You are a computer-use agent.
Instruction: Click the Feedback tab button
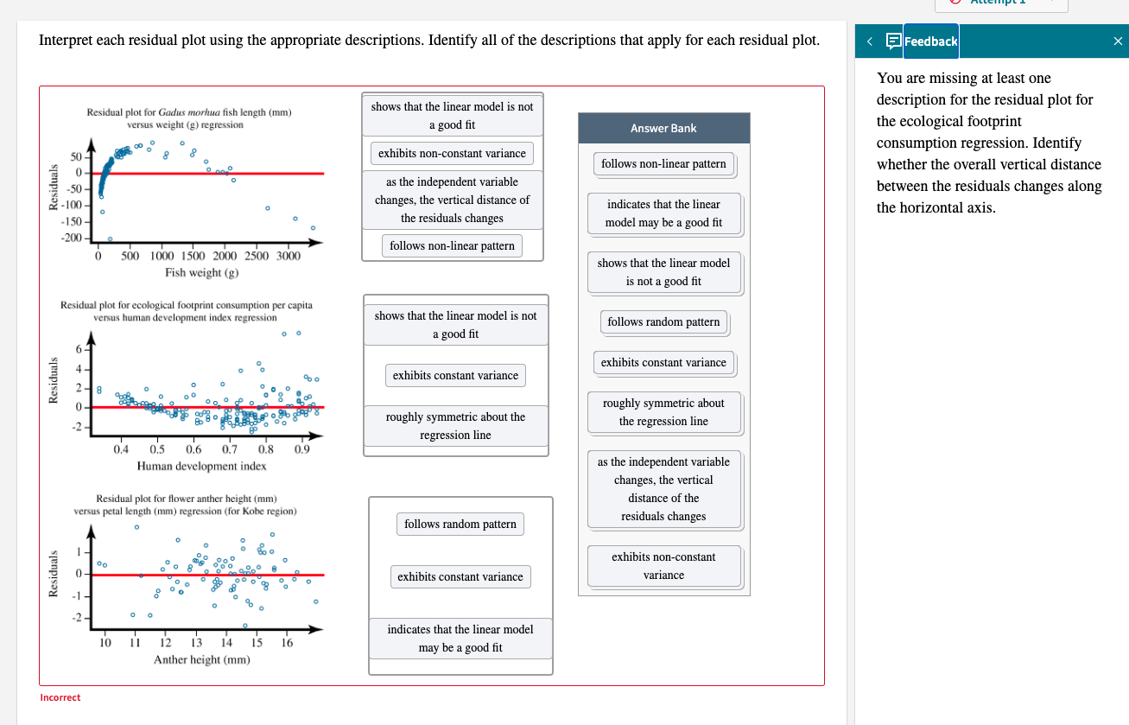930,41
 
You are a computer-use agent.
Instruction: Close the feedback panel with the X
1118,41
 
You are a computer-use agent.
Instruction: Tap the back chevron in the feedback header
870,41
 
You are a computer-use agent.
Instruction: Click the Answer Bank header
663,128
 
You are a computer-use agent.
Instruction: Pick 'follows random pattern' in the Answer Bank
663,321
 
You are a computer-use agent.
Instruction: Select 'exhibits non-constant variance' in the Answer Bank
663,566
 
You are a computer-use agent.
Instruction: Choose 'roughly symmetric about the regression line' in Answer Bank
663,412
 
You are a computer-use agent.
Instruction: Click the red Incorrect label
60,697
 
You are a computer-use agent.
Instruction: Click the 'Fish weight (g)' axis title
201,273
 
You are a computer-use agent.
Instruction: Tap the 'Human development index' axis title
201,466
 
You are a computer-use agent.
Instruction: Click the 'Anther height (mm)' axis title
201,659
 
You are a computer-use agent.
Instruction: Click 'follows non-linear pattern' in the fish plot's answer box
452,245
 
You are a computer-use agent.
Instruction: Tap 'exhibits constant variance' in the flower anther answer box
460,576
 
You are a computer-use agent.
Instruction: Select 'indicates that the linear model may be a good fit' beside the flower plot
460,639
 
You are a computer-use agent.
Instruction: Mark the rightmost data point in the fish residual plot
313,228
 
